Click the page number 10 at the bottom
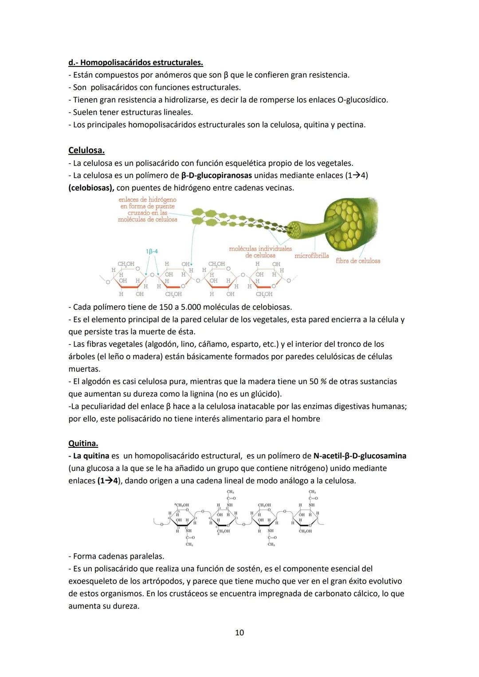pos(239,632)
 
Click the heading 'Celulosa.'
pos(86,150)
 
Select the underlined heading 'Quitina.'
pos(83,443)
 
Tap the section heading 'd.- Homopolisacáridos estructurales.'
pos(135,63)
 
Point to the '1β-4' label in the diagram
pos(152,251)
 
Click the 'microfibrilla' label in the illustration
pos(311,255)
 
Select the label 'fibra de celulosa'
pos(357,261)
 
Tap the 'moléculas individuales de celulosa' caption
pos(260,252)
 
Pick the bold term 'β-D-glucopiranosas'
pos(216,175)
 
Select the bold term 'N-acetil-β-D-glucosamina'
pos(359,456)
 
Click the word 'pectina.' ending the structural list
pos(351,125)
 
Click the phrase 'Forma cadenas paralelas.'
pos(118,556)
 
